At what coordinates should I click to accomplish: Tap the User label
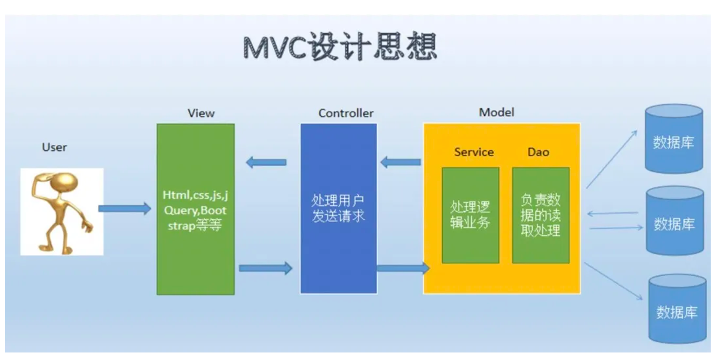[x=55, y=147]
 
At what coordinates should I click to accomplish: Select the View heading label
[x=201, y=113]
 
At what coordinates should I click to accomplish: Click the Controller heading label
[x=346, y=113]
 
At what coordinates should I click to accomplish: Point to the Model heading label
[x=497, y=112]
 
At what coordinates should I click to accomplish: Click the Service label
[x=474, y=152]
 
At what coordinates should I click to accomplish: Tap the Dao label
[x=539, y=152]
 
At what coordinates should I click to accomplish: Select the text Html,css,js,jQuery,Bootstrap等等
[x=195, y=210]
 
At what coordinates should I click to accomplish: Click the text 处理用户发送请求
[x=338, y=208]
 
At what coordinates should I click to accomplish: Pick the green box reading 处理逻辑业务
[x=470, y=215]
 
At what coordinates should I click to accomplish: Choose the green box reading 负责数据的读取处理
[x=541, y=215]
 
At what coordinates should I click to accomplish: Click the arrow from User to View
[x=125, y=208]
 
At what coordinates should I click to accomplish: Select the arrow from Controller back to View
[x=266, y=162]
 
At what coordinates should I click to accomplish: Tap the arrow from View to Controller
[x=266, y=268]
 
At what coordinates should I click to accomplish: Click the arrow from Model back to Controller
[x=401, y=162]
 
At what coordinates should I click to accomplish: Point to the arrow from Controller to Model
[x=403, y=268]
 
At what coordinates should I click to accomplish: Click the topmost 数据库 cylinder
[x=674, y=139]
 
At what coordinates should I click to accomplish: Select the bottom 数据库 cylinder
[x=677, y=308]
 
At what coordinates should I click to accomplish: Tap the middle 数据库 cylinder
[x=675, y=221]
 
